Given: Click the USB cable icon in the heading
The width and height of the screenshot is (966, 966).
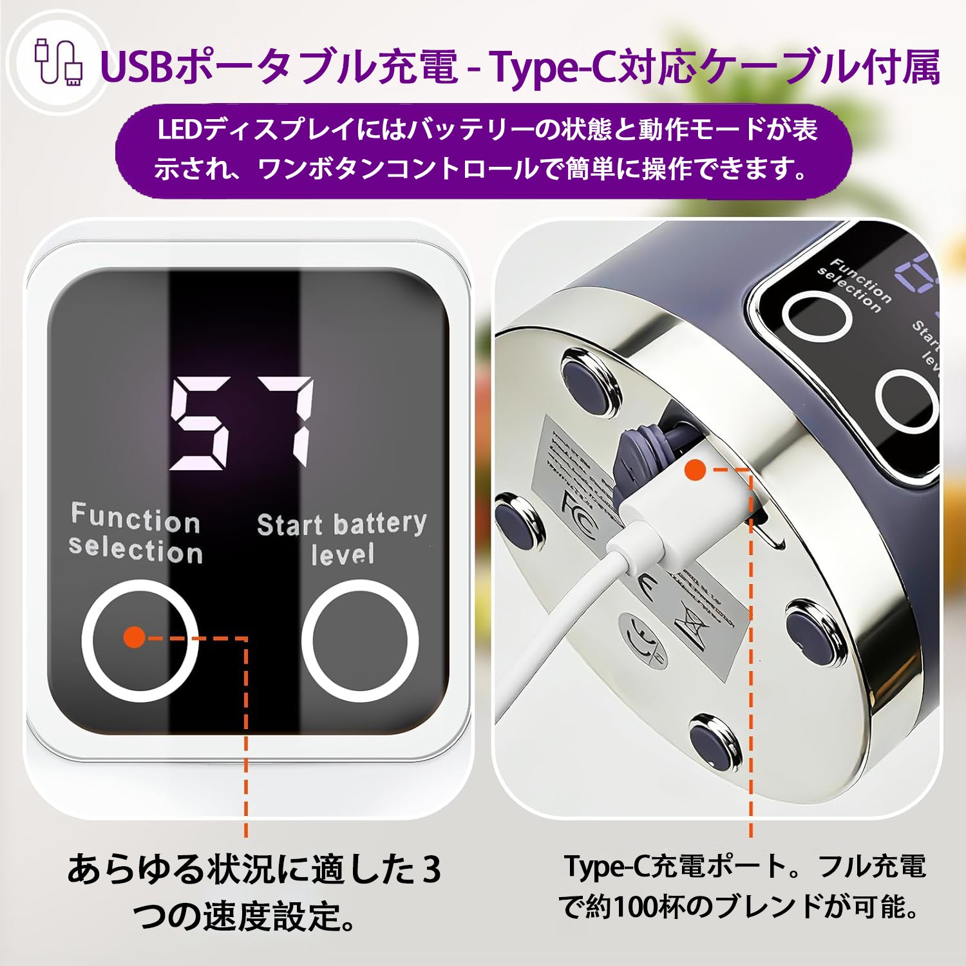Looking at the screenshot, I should (59, 62).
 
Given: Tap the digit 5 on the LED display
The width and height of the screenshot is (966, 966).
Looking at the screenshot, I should (200, 423).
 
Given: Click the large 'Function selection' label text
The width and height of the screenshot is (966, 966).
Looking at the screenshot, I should (136, 534).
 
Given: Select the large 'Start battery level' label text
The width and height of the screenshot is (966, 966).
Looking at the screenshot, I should (342, 538).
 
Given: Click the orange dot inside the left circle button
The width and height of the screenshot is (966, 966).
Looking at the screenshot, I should (135, 638).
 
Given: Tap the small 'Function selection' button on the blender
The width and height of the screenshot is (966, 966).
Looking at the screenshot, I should (817, 316).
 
